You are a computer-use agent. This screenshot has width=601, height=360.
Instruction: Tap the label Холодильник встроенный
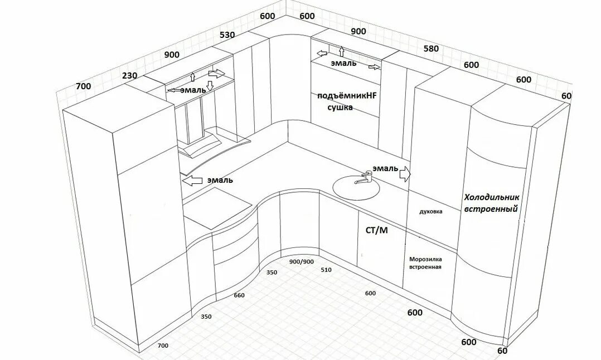[491, 203]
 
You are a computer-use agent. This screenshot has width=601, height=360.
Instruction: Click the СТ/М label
[376, 230]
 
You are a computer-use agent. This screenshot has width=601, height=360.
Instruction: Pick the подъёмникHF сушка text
[347, 101]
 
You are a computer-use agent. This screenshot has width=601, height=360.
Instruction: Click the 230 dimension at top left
[130, 76]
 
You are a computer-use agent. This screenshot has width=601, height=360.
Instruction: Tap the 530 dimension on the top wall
[227, 35]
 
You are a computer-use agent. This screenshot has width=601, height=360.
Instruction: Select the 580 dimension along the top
[431, 48]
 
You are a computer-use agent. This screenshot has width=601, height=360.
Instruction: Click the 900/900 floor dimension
[301, 261]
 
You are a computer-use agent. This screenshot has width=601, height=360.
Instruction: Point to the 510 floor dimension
[326, 270]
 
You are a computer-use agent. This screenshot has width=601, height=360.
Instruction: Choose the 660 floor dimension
[239, 295]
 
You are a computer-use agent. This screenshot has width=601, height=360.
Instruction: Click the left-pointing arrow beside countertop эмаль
[192, 181]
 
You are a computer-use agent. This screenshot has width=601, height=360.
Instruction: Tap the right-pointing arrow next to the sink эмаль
[405, 174]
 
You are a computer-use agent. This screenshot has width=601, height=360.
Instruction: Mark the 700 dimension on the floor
[163, 346]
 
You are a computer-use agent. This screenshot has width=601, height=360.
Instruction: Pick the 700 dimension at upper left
[83, 86]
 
